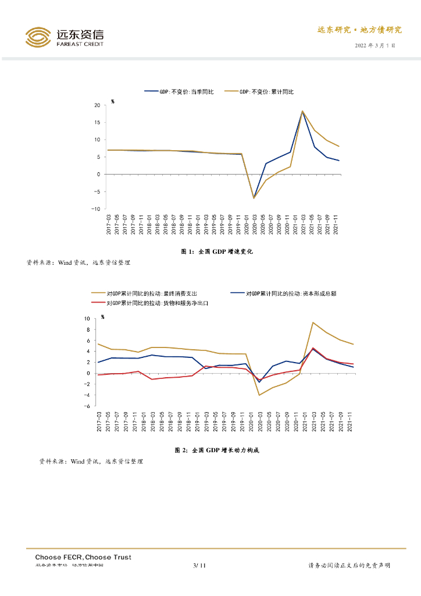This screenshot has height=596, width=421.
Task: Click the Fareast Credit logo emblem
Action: tap(39, 37)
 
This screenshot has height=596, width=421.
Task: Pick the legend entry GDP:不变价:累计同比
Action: tap(266, 91)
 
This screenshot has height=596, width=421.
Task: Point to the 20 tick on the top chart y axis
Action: tap(97, 105)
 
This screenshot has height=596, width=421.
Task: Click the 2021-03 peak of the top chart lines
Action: tap(302, 111)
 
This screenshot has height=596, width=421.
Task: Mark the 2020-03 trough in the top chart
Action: tap(254, 198)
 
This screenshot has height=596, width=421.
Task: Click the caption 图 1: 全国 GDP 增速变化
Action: tap(217, 251)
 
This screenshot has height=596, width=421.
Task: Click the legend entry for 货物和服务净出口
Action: tap(157, 303)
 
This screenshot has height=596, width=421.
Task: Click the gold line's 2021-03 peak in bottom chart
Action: tap(313, 322)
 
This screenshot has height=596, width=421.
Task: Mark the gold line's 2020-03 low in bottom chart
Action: tap(259, 395)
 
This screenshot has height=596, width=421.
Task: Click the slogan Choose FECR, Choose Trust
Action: tap(83, 557)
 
